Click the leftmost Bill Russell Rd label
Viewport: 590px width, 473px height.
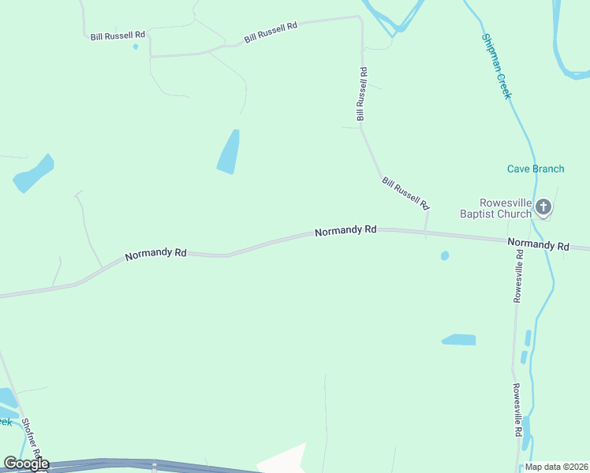tap(118, 35)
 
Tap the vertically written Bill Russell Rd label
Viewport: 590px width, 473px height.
tap(361, 94)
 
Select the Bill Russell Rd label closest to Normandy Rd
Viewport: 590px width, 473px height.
tap(405, 193)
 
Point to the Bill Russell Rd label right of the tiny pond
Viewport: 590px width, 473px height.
tap(271, 32)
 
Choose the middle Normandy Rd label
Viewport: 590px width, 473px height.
tap(345, 231)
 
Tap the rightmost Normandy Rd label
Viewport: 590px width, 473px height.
tap(538, 245)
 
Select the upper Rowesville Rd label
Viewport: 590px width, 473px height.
tap(518, 276)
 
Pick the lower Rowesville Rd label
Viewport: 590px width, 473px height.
tap(517, 410)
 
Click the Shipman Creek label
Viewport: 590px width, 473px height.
tap(497, 66)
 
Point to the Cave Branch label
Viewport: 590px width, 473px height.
tap(535, 169)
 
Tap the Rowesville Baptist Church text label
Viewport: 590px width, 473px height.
tap(495, 207)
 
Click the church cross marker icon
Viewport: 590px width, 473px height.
tap(543, 207)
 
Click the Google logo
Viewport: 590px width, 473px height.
tap(26, 464)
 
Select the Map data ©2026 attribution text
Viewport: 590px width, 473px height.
tap(555, 467)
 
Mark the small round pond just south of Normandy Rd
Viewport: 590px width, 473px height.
tap(445, 255)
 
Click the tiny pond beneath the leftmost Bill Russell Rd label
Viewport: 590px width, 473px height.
tap(136, 47)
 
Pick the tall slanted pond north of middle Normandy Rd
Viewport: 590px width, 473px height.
tap(228, 152)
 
